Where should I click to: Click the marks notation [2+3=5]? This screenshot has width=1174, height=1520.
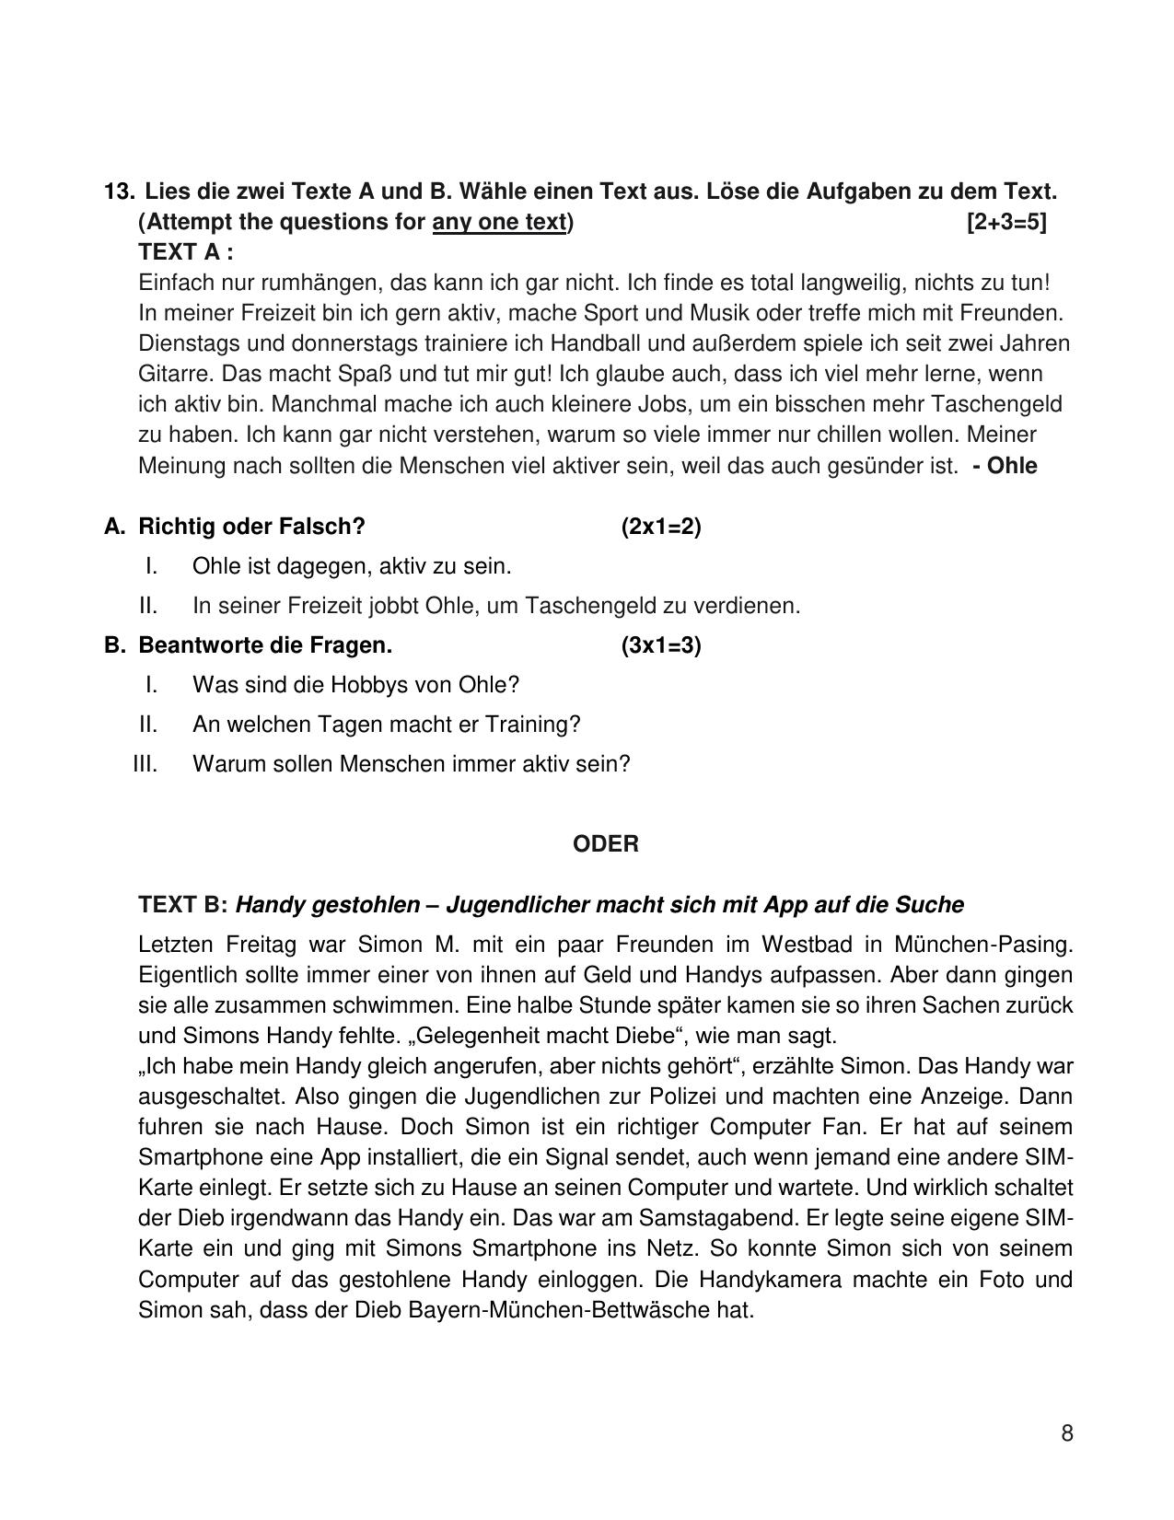click(1006, 222)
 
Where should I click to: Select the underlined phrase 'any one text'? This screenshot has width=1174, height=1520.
click(498, 222)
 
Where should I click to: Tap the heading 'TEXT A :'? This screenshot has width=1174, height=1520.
click(185, 251)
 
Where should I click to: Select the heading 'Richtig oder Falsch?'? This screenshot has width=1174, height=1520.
click(251, 527)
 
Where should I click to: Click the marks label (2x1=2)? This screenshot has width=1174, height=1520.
click(660, 527)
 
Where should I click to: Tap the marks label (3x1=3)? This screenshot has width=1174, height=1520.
click(660, 645)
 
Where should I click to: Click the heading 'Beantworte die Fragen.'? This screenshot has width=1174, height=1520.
click(265, 645)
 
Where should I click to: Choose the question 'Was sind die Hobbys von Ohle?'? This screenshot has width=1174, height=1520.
click(355, 685)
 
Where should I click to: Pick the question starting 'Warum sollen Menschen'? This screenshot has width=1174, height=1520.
click(411, 764)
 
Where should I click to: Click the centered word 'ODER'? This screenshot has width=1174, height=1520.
click(605, 844)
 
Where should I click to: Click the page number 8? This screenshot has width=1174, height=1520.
click(1066, 1433)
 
